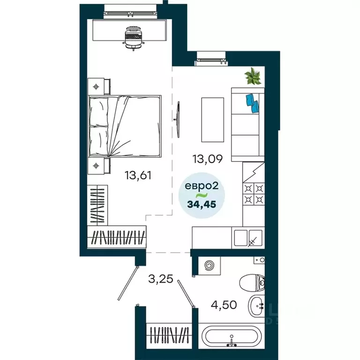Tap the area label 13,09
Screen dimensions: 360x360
coord(207,159)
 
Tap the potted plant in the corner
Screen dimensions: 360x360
coord(254,76)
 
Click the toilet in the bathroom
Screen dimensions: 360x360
coord(252,282)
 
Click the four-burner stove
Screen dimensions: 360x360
coord(253,194)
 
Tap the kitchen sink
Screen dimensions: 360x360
coord(255,237)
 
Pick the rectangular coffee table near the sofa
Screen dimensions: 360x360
coord(211,120)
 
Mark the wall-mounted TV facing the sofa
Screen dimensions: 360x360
coord(180,119)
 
